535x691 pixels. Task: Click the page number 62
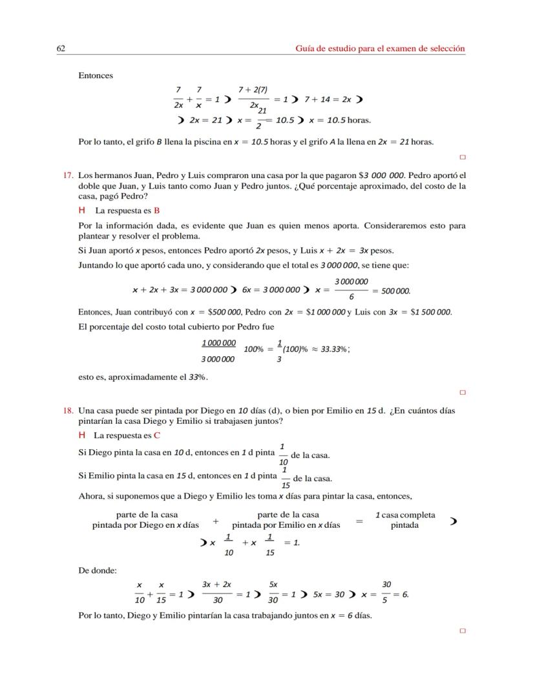[61, 48]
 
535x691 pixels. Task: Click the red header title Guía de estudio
[380, 48]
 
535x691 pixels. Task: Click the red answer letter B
[157, 210]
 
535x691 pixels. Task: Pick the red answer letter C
[157, 435]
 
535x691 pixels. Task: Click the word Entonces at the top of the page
[96, 75]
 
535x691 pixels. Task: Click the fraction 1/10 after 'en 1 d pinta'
[283, 454]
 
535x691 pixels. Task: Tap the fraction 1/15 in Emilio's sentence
[284, 477]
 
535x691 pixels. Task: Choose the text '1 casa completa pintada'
[405, 520]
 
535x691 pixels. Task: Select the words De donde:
[98, 570]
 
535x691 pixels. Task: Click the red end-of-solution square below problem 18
[463, 632]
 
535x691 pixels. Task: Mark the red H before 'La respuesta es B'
[82, 210]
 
